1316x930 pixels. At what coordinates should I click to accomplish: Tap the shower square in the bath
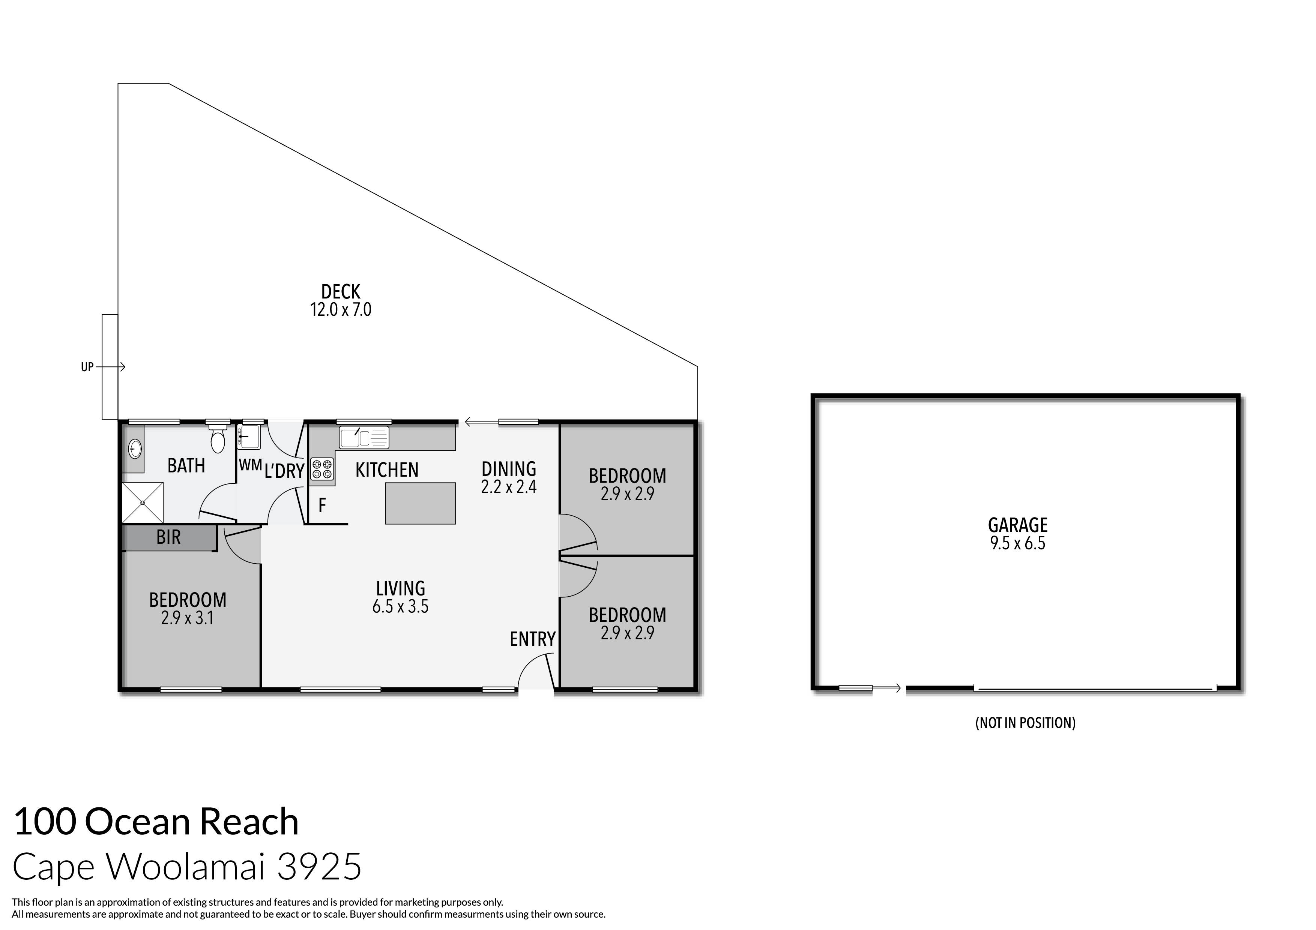(x=142, y=502)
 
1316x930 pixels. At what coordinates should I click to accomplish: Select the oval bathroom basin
(x=135, y=448)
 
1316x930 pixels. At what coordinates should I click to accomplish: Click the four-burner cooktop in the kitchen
(x=322, y=469)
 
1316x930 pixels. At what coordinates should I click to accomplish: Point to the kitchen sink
(x=364, y=438)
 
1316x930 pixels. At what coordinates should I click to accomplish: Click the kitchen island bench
(x=420, y=503)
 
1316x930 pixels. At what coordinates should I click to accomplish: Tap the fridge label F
(x=322, y=505)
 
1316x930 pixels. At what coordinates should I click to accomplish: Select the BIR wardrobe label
(x=168, y=537)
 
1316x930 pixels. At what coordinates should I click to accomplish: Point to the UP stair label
(x=87, y=367)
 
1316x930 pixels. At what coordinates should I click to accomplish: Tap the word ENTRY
(x=532, y=639)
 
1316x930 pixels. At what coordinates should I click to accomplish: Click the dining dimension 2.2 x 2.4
(x=508, y=487)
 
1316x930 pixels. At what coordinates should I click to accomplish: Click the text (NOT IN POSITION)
(x=1025, y=723)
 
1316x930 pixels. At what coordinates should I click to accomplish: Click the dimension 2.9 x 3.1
(x=188, y=618)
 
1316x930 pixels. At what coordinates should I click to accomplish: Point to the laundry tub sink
(x=251, y=436)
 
